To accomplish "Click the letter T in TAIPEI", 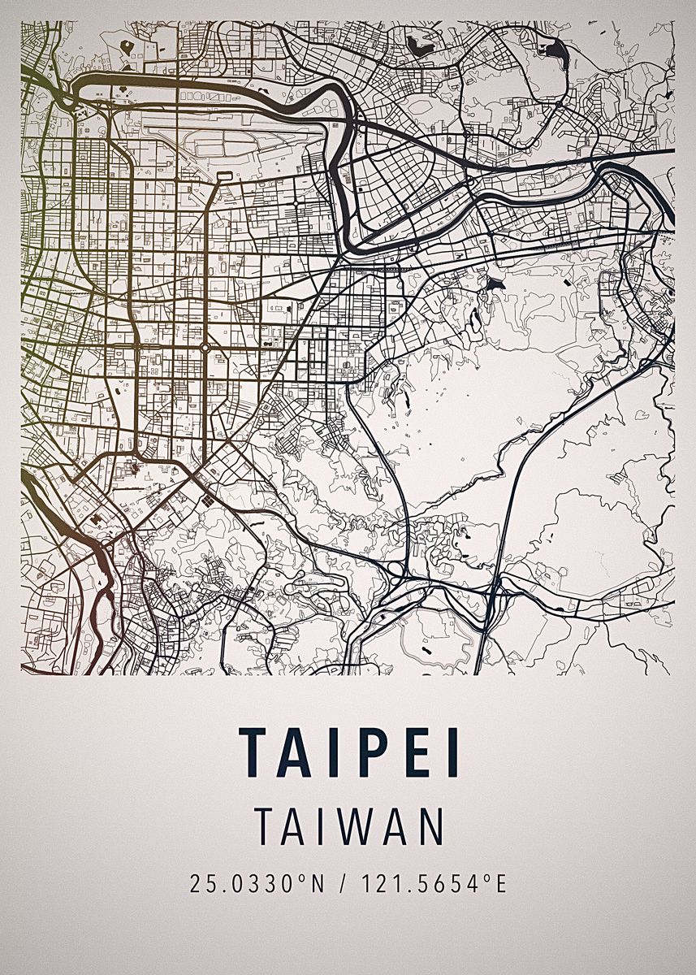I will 254,752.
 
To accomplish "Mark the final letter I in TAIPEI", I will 453,752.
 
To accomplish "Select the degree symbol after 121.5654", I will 488,878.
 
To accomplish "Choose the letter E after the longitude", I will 501,883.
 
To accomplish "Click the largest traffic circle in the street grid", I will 205,348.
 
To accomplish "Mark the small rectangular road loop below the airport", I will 225,175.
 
